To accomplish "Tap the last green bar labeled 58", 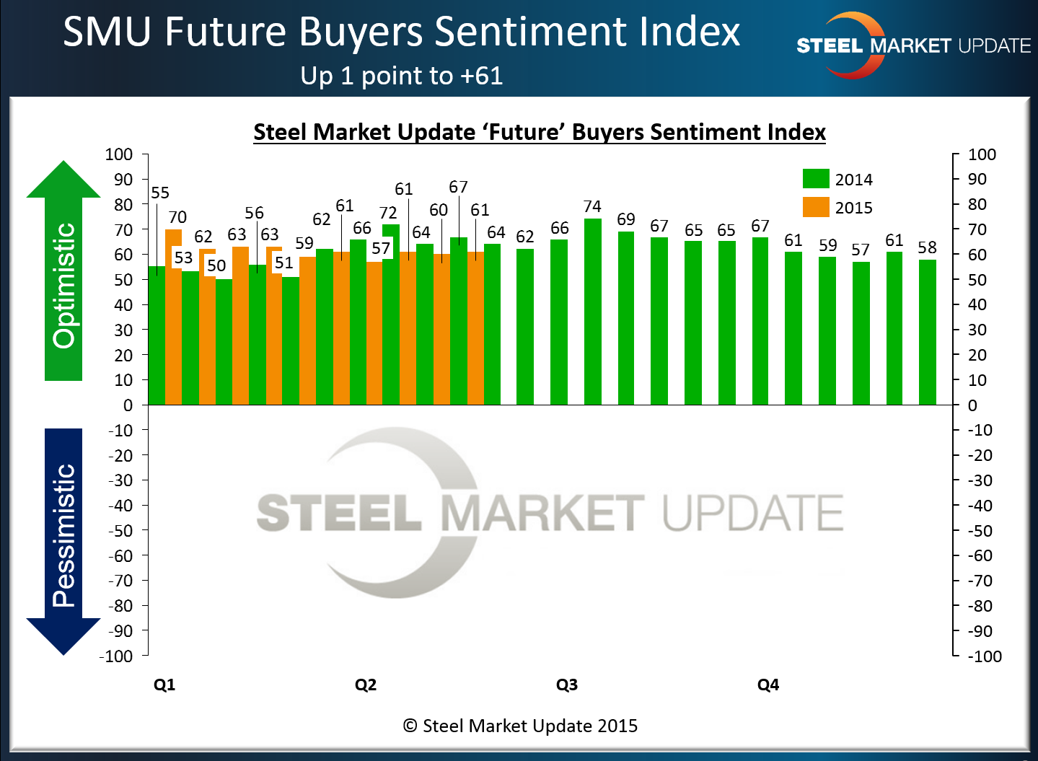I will (927, 332).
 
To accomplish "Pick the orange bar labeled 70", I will (173, 317).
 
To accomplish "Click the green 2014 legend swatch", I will (816, 179).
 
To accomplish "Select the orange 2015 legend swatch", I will (816, 207).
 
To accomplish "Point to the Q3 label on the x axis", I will (567, 685).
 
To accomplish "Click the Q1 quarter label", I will (164, 685).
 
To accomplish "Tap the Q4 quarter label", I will (768, 685).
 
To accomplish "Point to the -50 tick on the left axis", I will (121, 530).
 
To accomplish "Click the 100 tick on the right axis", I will (982, 154).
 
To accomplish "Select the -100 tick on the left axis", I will (117, 656).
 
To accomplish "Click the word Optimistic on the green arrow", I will (64, 285).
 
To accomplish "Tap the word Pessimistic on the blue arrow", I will (64, 535).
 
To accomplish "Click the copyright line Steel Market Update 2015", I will (520, 726).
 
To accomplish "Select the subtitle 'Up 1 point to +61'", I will (402, 76).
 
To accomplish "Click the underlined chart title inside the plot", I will (540, 132).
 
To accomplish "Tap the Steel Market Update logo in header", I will (912, 45).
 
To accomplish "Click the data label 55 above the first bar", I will (160, 193).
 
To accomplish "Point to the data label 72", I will (388, 213).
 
